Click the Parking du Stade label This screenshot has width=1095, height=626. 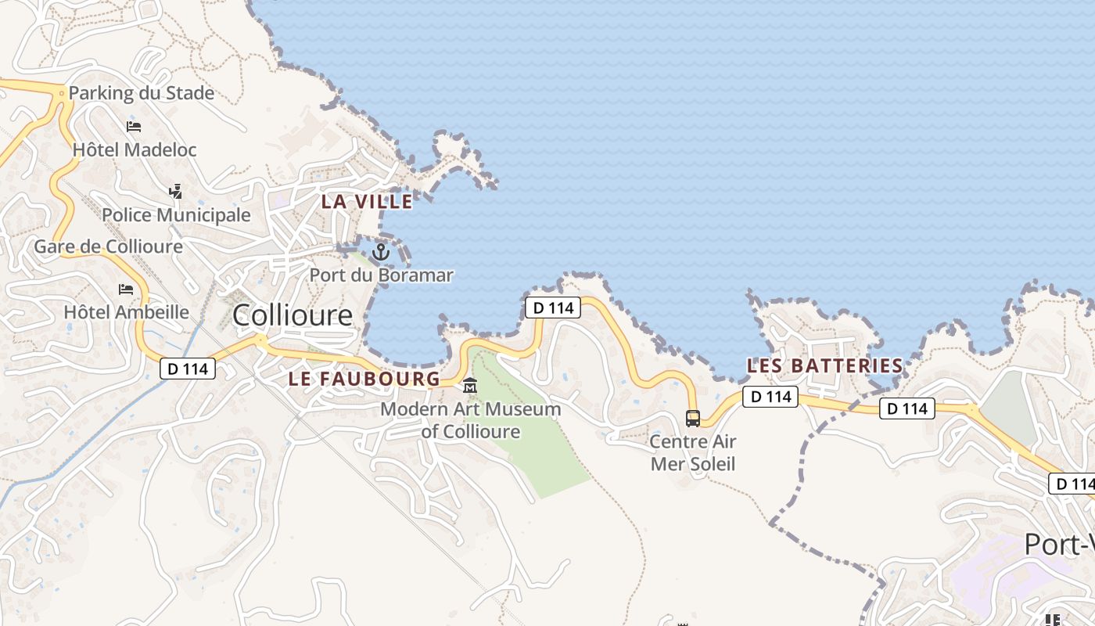pyautogui.click(x=141, y=93)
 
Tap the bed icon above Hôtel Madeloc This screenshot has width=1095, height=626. pyautogui.click(x=134, y=126)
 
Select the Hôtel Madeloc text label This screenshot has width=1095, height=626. pyautogui.click(x=135, y=149)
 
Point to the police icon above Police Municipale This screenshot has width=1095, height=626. pyautogui.click(x=176, y=191)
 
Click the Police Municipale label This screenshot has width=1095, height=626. pyautogui.click(x=176, y=215)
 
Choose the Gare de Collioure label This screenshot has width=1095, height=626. pyautogui.click(x=108, y=246)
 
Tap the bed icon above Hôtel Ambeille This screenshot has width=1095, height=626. pyautogui.click(x=126, y=290)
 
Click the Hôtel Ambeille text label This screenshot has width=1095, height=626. pyautogui.click(x=126, y=312)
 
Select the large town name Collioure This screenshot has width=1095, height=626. pyautogui.click(x=293, y=315)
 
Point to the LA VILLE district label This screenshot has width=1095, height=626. pyautogui.click(x=367, y=201)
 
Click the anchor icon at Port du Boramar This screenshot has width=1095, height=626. pyautogui.click(x=381, y=252)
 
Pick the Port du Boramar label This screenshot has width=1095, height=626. pyautogui.click(x=381, y=275)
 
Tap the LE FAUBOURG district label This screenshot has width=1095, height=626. pyautogui.click(x=364, y=379)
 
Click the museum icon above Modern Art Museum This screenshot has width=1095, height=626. pyautogui.click(x=470, y=386)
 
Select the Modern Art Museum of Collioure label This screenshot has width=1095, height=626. pyautogui.click(x=471, y=420)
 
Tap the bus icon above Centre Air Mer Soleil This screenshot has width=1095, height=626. pyautogui.click(x=693, y=418)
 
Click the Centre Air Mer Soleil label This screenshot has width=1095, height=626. pyautogui.click(x=693, y=452)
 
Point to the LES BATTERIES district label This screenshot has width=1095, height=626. pyautogui.click(x=824, y=365)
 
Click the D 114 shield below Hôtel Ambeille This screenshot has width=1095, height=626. pyautogui.click(x=188, y=368)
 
